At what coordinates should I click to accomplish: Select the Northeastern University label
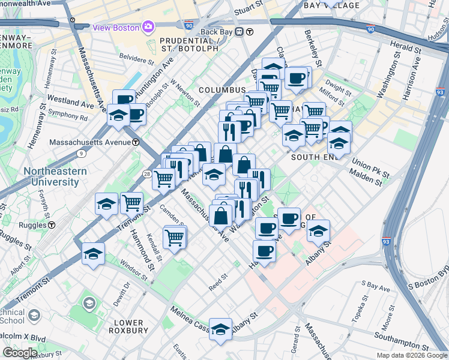pyautogui.click(x=55, y=176)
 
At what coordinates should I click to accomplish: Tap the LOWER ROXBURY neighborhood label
pyautogui.click(x=128, y=326)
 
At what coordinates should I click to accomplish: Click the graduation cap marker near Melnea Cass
pyautogui.click(x=220, y=329)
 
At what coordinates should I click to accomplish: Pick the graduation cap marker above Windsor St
pyautogui.click(x=93, y=254)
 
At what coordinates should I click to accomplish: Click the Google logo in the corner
pyautogui.click(x=20, y=352)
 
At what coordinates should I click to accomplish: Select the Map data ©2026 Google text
pyautogui.click(x=412, y=355)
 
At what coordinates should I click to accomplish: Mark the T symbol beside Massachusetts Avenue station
pyautogui.click(x=136, y=142)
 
